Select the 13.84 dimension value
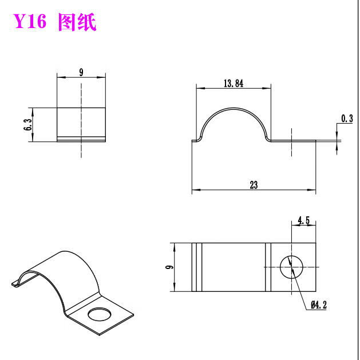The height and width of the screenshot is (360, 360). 234,84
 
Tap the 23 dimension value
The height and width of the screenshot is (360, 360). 254,184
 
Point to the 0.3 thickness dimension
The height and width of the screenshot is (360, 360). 347,118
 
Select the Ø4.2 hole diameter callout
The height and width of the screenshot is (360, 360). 319,305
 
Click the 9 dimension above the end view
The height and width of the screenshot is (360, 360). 81,72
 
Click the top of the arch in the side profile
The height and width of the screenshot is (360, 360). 234,108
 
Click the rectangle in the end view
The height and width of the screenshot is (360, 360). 81,122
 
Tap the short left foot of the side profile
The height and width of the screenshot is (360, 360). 195,139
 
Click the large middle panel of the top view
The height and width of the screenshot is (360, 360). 233,267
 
